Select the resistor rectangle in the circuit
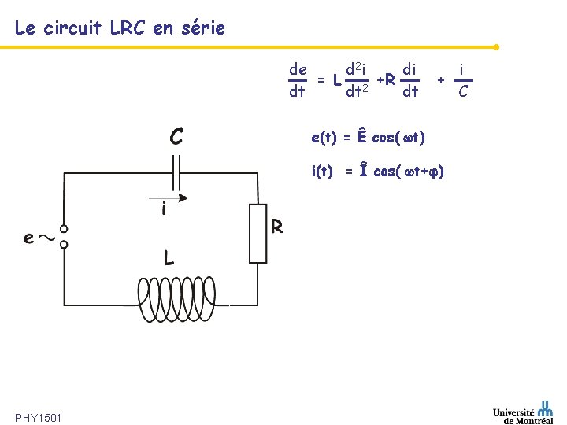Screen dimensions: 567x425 [258, 233]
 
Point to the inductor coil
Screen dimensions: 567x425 [183, 301]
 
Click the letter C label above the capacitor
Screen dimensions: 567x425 [177, 137]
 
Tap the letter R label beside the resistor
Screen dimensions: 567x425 [277, 227]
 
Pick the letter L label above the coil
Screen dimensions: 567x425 [169, 258]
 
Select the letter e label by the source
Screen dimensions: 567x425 [28, 237]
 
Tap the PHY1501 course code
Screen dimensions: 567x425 [39, 416]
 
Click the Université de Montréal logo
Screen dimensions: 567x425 [523, 412]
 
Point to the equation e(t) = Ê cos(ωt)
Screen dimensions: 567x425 [369, 138]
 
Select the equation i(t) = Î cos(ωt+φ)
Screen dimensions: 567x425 [378, 171]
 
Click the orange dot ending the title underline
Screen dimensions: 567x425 [496, 46]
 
